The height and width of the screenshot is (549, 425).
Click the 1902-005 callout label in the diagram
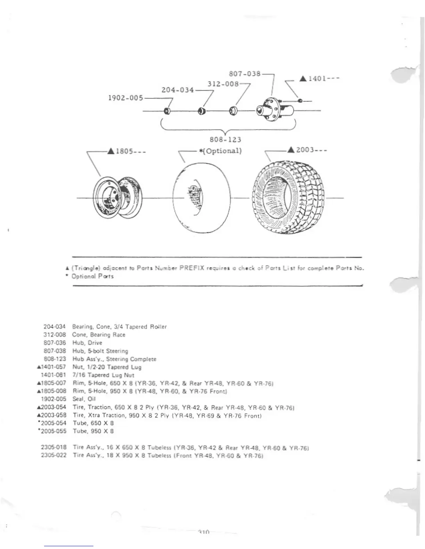point(126,98)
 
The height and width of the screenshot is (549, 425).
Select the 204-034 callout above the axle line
point(178,90)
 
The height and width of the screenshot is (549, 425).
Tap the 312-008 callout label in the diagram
point(223,84)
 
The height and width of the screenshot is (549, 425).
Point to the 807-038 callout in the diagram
point(245,74)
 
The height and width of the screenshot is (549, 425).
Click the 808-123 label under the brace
point(225,140)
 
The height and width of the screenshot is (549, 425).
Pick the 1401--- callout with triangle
point(319,79)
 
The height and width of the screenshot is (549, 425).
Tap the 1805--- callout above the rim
point(127,151)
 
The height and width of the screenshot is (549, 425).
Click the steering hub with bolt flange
point(273,110)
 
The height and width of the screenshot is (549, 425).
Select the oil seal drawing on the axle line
point(167,111)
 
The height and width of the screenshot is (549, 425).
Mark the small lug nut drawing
point(300,101)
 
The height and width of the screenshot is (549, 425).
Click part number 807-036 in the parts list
point(55,343)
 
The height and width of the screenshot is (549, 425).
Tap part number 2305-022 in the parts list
point(53,455)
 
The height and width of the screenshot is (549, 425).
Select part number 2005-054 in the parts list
point(53,423)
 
